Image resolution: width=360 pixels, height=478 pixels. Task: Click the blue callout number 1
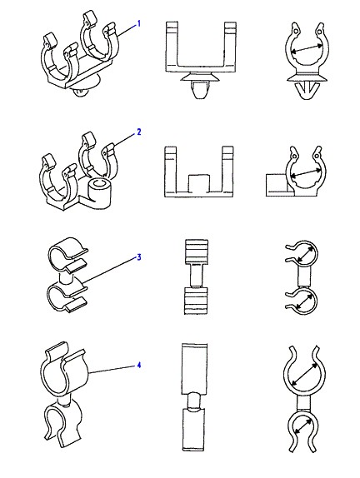(x=139, y=23)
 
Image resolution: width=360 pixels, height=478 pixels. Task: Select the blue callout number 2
(x=139, y=132)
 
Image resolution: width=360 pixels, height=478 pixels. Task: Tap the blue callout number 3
(x=139, y=257)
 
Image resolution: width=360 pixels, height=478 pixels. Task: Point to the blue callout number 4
(x=139, y=365)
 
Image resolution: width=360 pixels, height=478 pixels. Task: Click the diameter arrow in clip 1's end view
(x=307, y=48)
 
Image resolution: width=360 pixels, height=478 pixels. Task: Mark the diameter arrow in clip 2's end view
(x=306, y=172)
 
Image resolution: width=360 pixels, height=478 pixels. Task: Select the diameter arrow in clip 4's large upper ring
(x=304, y=374)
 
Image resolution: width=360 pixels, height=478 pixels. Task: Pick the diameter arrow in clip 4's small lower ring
(x=302, y=426)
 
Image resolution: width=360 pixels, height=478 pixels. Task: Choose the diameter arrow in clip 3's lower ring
(x=303, y=303)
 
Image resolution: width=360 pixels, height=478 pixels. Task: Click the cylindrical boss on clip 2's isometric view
(x=98, y=192)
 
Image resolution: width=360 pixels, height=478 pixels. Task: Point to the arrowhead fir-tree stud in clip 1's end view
(x=307, y=90)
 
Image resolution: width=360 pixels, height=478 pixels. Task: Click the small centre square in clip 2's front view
(x=198, y=183)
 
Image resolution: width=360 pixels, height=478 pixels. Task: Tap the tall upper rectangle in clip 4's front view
(x=195, y=369)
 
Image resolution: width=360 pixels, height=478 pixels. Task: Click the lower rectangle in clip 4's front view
(x=195, y=429)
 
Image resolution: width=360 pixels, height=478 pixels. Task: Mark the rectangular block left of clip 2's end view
(x=277, y=185)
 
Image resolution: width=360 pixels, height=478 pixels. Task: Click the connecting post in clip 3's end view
(x=303, y=276)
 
